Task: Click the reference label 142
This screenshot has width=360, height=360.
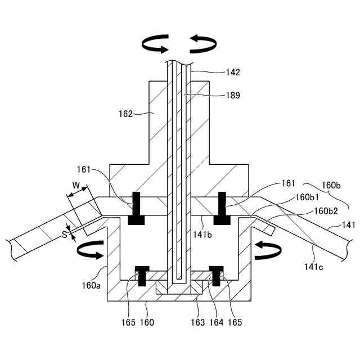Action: tap(232, 72)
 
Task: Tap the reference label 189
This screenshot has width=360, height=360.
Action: tap(232, 95)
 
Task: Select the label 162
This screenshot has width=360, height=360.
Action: tap(125, 114)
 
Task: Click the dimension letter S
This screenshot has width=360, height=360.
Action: tap(65, 235)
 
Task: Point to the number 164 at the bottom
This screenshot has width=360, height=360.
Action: tap(216, 322)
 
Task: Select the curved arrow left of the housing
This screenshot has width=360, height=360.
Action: tap(90, 250)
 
